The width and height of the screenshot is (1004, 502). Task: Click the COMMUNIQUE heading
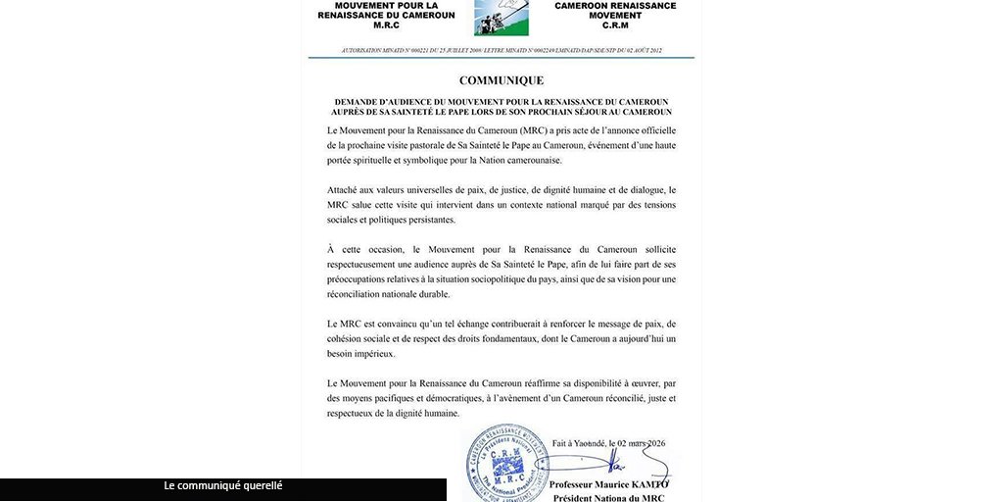tap(501, 80)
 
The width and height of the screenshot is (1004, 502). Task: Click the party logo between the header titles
tap(501, 18)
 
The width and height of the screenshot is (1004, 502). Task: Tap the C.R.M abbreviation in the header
tap(615, 26)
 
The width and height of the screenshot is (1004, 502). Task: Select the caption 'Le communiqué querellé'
tap(222, 485)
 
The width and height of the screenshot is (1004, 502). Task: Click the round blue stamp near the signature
tap(505, 461)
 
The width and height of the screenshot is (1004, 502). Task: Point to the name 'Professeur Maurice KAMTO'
tap(608, 484)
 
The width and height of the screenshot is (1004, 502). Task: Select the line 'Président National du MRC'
tap(608, 498)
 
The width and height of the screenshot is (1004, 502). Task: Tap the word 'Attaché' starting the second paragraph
tap(345, 189)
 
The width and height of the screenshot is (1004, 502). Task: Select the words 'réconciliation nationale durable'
tap(388, 293)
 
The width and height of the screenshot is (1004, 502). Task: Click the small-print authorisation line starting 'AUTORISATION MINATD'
tap(501, 50)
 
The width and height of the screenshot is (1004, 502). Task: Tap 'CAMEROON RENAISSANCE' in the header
tap(615, 6)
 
